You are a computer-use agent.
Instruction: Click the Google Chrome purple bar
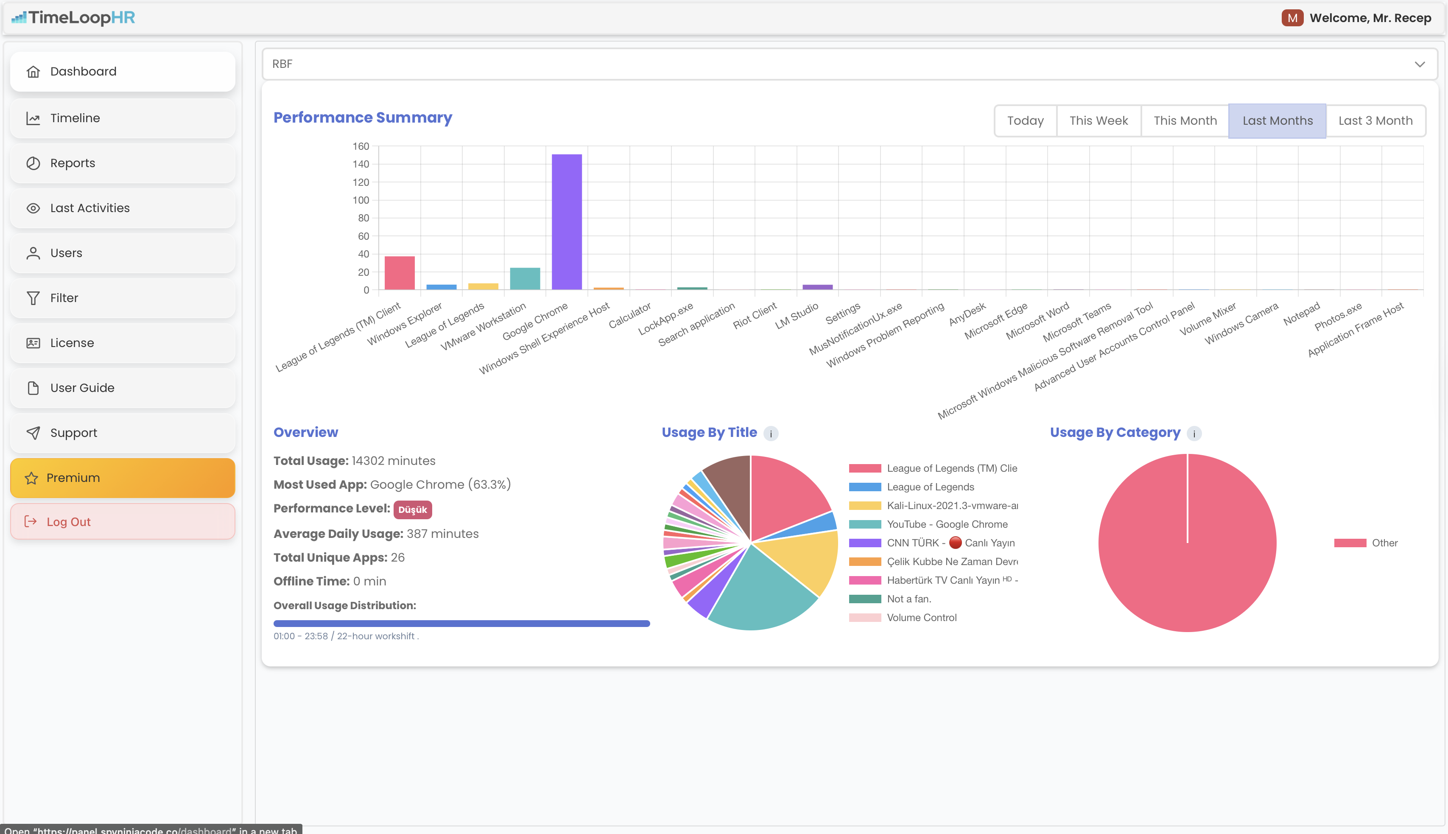[566, 222]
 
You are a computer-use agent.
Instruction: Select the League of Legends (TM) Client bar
[399, 273]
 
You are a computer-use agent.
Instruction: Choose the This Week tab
[1098, 121]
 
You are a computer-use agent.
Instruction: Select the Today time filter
[1025, 121]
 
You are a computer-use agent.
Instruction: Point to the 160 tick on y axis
[361, 147]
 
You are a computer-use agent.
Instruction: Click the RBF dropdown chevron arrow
[1420, 64]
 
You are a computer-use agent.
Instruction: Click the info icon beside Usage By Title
[771, 434]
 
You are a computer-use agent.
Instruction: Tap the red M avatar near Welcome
[1291, 18]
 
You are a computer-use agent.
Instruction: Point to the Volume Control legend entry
[921, 618]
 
